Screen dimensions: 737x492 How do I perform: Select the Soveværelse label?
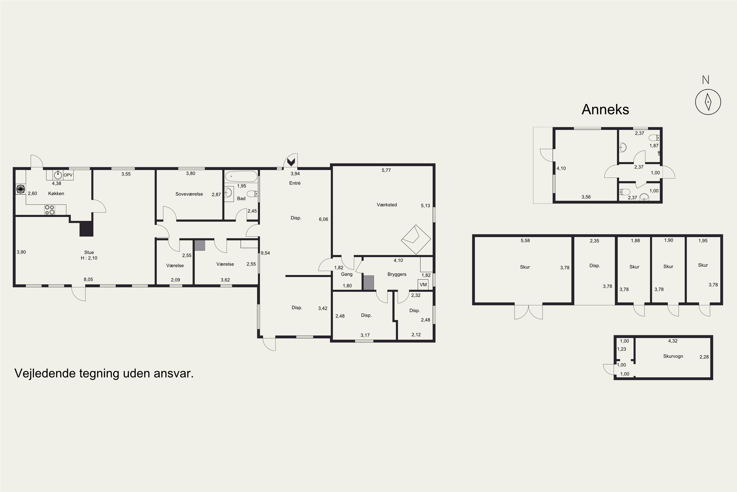click(x=189, y=194)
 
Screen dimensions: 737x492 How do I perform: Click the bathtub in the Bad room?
click(x=241, y=176)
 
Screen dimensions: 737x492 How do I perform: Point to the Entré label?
click(x=295, y=183)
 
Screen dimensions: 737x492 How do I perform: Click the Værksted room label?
click(x=387, y=205)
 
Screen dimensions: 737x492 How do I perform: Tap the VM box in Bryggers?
click(x=423, y=285)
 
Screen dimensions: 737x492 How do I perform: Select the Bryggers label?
click(x=397, y=274)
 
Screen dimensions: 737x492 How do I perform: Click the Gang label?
click(x=347, y=274)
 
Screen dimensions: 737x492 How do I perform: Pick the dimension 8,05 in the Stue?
click(x=88, y=279)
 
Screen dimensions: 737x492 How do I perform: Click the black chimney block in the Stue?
click(x=86, y=229)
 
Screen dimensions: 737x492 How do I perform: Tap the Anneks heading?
click(x=605, y=109)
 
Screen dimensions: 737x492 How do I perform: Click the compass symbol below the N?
click(x=708, y=102)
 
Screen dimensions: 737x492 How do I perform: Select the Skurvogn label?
click(x=673, y=356)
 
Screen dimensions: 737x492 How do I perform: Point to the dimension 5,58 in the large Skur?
click(x=525, y=240)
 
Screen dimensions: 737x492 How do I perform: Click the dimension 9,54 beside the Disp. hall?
click(x=265, y=253)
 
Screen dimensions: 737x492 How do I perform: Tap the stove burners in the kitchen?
click(x=50, y=210)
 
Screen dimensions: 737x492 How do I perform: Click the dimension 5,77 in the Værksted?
click(x=386, y=170)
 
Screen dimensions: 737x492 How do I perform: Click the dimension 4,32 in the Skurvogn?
click(x=673, y=341)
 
